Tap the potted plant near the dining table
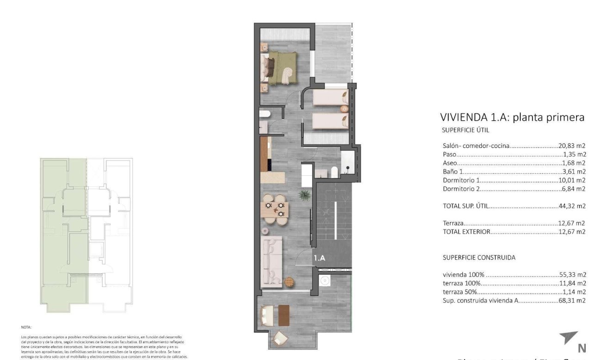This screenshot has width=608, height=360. pos(304,195)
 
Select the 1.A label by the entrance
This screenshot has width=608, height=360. pos(319,258)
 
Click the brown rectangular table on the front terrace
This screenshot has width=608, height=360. pos(283,315)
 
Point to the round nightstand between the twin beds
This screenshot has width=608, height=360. pos(344,109)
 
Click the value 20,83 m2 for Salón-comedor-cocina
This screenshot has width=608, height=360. pos(572,145)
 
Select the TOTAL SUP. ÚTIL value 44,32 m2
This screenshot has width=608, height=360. pos(572,206)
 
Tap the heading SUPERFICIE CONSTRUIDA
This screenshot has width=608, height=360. pos(479,257)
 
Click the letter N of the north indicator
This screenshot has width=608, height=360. pos(582,348)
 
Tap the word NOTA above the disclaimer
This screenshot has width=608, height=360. pos(26,327)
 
